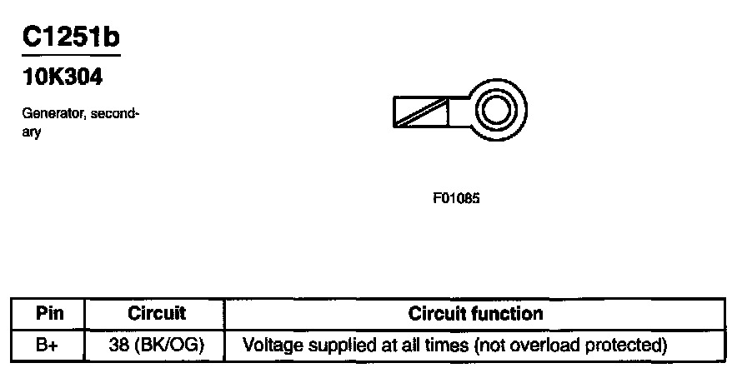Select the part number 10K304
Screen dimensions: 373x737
click(x=63, y=77)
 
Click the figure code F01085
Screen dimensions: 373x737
click(x=457, y=199)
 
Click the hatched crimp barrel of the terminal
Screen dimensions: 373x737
click(x=421, y=112)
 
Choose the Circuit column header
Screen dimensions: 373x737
click(x=156, y=314)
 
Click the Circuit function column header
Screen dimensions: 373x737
click(x=475, y=314)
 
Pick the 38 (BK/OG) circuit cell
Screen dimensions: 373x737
click(x=156, y=343)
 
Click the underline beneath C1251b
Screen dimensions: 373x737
click(x=71, y=55)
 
